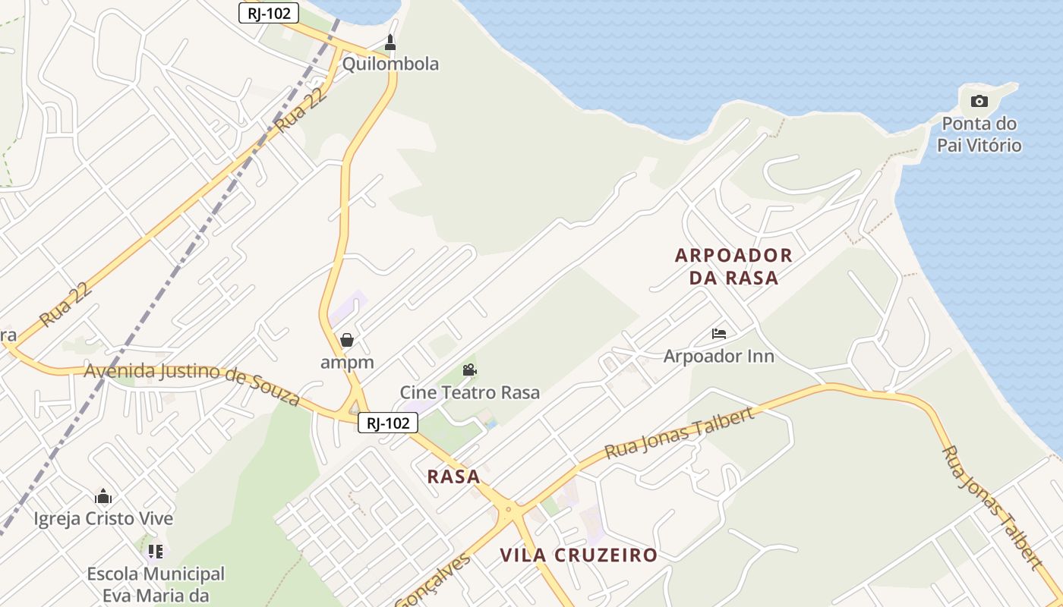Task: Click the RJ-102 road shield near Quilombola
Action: pyautogui.click(x=269, y=13)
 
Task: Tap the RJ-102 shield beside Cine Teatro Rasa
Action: pyautogui.click(x=388, y=423)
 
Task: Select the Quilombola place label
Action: pyautogui.click(x=390, y=64)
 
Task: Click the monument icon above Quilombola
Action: pyautogui.click(x=390, y=42)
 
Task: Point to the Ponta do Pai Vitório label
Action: pyautogui.click(x=979, y=134)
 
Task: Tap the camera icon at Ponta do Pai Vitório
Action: pyautogui.click(x=979, y=101)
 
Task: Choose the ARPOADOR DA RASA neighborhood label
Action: pyautogui.click(x=733, y=266)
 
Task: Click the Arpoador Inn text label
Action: pyautogui.click(x=718, y=356)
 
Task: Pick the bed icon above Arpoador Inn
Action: pyautogui.click(x=719, y=333)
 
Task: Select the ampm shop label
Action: pyautogui.click(x=347, y=362)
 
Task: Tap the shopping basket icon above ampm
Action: pyautogui.click(x=347, y=339)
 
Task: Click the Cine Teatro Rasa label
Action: pyautogui.click(x=470, y=392)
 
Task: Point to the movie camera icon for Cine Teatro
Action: pyautogui.click(x=470, y=370)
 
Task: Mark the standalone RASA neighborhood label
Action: pyautogui.click(x=453, y=476)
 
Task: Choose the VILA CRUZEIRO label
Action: pyautogui.click(x=579, y=555)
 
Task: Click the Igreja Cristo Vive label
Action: pyautogui.click(x=103, y=519)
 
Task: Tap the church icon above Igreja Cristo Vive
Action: pyautogui.click(x=103, y=497)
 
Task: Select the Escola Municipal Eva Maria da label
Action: pyautogui.click(x=156, y=584)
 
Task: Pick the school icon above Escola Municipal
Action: pyautogui.click(x=156, y=552)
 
